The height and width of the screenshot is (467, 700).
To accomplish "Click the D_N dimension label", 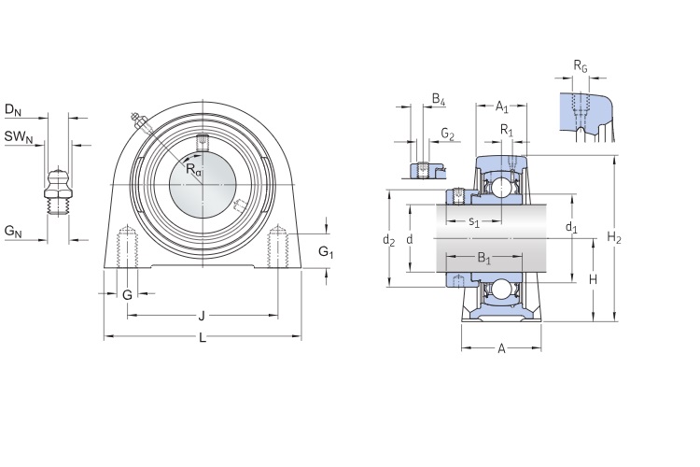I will click(x=12, y=111).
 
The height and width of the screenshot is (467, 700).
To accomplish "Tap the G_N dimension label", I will click(x=12, y=231).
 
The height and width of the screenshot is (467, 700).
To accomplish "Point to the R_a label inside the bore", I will click(x=192, y=170).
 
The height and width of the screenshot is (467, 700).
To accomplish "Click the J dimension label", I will click(x=202, y=315).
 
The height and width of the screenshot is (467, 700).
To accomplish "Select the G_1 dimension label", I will click(x=326, y=251).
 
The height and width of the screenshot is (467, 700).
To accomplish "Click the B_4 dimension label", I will click(x=439, y=99).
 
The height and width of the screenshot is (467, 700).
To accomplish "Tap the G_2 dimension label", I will click(x=447, y=136).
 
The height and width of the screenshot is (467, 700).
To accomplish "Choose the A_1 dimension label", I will click(x=501, y=106).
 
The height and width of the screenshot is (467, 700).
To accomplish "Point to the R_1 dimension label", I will click(x=506, y=130).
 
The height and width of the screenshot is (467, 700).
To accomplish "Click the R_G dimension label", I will click(x=580, y=66).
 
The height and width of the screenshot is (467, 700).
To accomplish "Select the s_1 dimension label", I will click(x=473, y=221).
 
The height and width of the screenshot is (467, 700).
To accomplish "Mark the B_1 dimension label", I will click(x=483, y=257).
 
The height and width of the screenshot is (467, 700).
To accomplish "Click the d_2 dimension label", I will click(x=389, y=240).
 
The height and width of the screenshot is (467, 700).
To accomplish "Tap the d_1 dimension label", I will click(x=571, y=227).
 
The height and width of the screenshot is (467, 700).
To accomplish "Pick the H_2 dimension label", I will click(x=614, y=238).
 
